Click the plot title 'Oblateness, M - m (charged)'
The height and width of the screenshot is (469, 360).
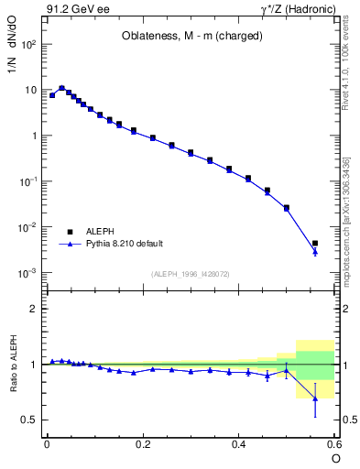tap(192, 36)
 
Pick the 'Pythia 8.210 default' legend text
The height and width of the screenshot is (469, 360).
tap(124, 244)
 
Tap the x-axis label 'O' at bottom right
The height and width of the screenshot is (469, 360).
tap(335, 457)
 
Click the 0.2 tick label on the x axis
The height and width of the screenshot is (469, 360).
tap(143, 443)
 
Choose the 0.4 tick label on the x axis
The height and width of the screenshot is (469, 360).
tap(238, 443)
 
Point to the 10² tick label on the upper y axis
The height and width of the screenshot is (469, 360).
tap(30, 44)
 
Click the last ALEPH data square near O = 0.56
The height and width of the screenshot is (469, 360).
tap(315, 244)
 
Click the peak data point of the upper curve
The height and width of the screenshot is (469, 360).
tap(62, 89)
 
